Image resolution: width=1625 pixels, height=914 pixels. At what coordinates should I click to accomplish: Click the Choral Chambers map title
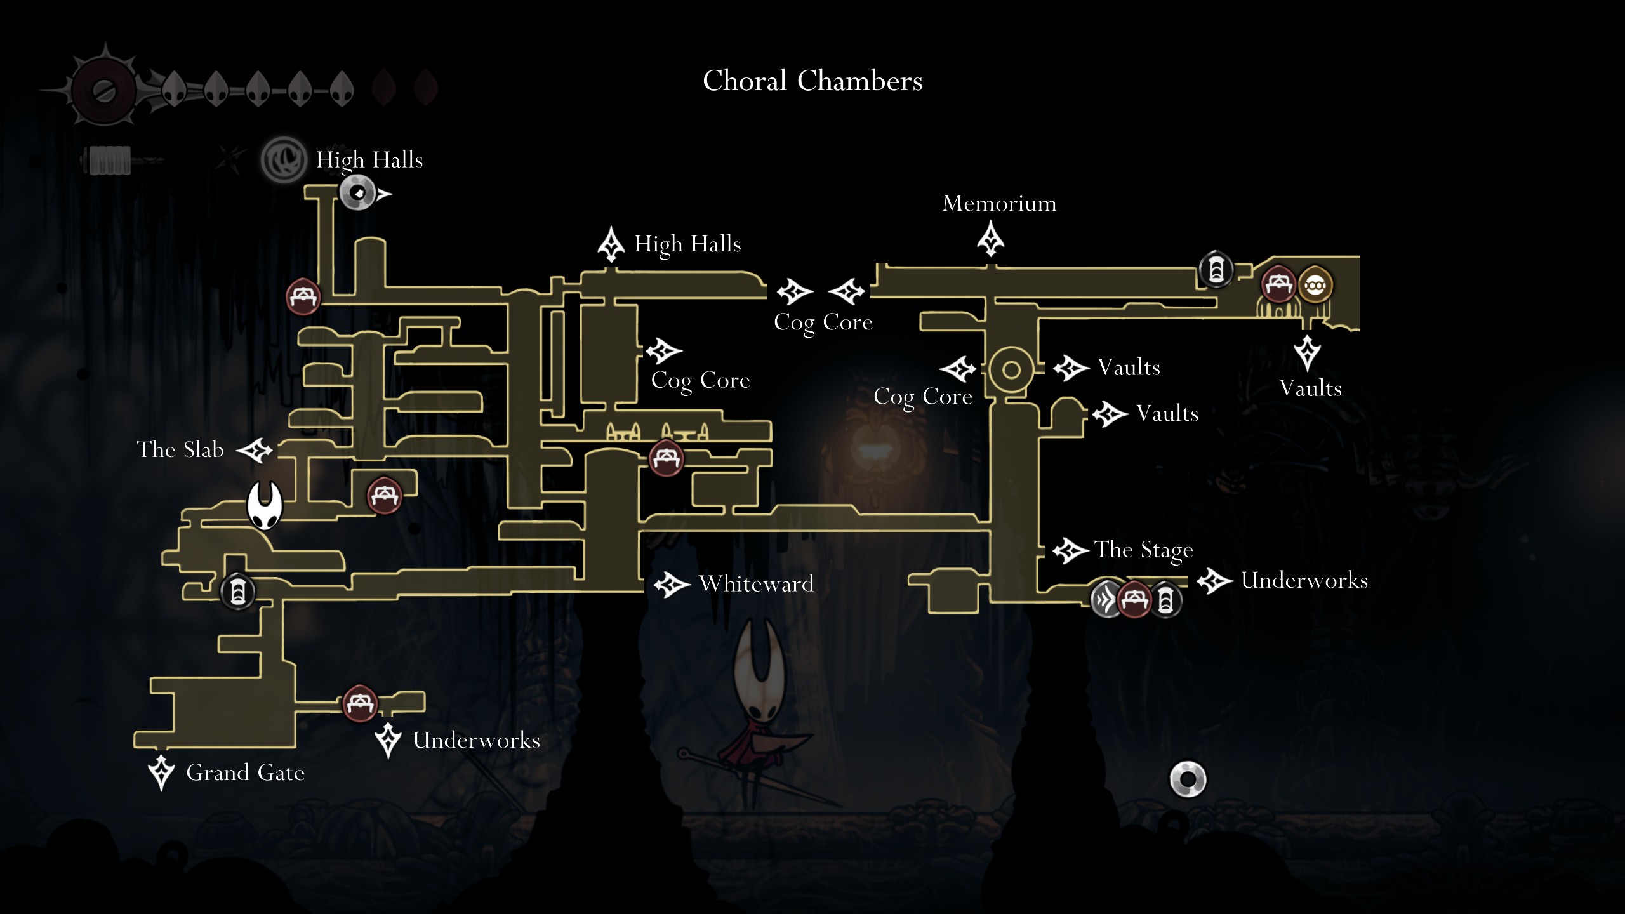[x=812, y=81]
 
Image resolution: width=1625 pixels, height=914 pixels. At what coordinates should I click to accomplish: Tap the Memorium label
[x=999, y=203]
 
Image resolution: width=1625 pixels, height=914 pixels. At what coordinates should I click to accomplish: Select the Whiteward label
[x=756, y=583]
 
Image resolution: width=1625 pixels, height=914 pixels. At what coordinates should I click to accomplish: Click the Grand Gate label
[x=245, y=772]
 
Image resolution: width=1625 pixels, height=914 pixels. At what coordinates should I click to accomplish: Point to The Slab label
[x=180, y=449]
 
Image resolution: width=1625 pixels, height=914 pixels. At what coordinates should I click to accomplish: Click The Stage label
[x=1143, y=550]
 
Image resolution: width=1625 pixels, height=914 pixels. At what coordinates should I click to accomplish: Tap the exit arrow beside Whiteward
[x=672, y=584]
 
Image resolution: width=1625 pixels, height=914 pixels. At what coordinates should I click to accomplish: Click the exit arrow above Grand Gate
[x=161, y=772]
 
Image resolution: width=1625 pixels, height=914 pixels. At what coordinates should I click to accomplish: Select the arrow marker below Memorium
[x=990, y=239]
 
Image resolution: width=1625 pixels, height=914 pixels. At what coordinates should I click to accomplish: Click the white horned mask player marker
[x=264, y=505]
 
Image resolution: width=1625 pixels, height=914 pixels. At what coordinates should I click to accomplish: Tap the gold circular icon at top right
[x=1315, y=286]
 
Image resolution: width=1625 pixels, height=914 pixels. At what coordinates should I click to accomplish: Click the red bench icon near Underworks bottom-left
[x=360, y=703]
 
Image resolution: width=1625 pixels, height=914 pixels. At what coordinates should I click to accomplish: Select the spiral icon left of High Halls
[x=283, y=160]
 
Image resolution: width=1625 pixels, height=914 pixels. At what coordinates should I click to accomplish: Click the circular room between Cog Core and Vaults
[x=1011, y=369]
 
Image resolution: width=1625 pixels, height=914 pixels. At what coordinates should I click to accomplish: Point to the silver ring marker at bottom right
[x=1188, y=779]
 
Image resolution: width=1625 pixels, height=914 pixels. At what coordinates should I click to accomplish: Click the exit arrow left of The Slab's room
[x=255, y=451]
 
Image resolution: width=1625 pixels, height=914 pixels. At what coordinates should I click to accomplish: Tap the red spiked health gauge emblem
[x=103, y=89]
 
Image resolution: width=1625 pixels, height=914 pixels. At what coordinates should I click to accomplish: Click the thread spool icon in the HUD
[x=109, y=160]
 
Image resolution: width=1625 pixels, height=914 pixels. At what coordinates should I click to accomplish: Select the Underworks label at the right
[x=1304, y=580]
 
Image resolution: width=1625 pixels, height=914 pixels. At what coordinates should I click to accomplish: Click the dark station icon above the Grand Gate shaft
[x=237, y=592]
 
